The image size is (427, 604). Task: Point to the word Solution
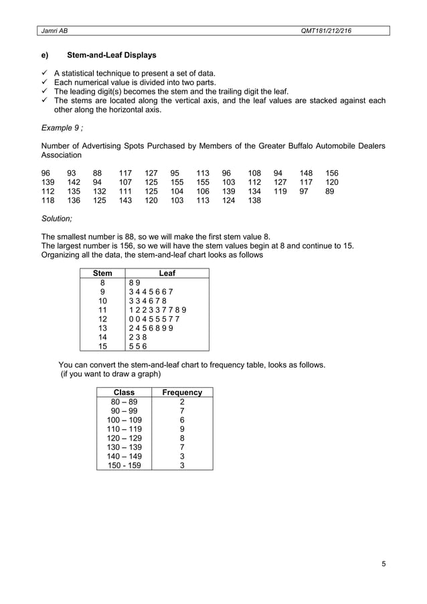pos(57,218)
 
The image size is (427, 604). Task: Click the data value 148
pos(306,172)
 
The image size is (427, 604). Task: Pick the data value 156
pos(331,172)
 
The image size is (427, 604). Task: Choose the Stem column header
pos(102,273)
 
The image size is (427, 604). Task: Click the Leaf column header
pos(167,273)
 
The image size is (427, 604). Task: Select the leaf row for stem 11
pos(157,310)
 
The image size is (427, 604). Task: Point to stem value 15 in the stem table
pos(102,346)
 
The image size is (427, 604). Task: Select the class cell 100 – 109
pos(124,420)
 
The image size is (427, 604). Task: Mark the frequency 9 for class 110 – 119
pos(182,429)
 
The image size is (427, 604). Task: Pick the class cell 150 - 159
pos(124,465)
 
